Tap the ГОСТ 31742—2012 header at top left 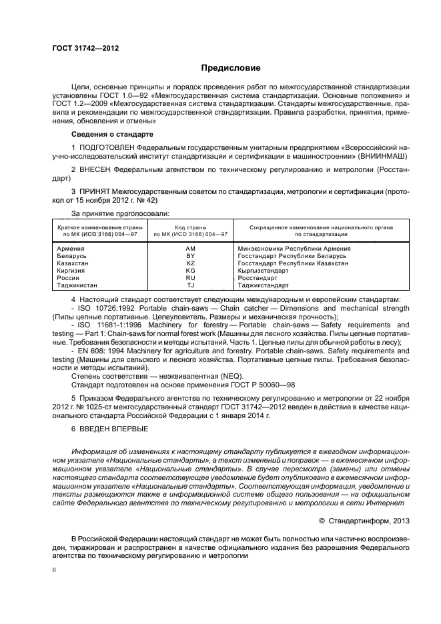coord(81,47)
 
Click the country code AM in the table coord(190,249)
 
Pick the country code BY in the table coord(190,256)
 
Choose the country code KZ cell coord(190,263)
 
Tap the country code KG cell coord(190,271)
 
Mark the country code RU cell coord(190,278)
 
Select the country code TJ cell coord(190,285)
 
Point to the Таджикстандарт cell coord(264,285)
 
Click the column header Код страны coord(190,228)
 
